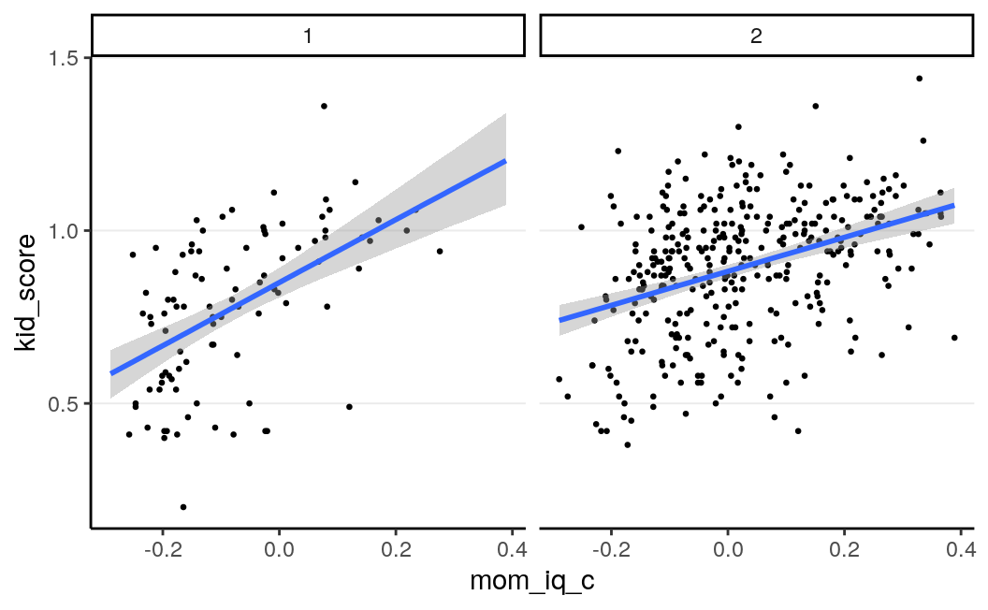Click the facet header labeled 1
tap(308, 36)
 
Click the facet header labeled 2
tap(757, 36)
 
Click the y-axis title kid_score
tap(27, 294)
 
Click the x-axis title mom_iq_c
tap(532, 581)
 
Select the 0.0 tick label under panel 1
tap(279, 549)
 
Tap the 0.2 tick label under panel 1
tap(396, 549)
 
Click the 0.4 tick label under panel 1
tap(512, 549)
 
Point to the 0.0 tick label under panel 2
tap(728, 549)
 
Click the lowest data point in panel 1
tap(183, 507)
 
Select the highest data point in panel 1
tap(324, 106)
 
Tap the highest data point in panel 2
tap(919, 79)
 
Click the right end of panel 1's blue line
tap(505, 160)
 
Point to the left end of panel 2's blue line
tap(559, 320)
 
